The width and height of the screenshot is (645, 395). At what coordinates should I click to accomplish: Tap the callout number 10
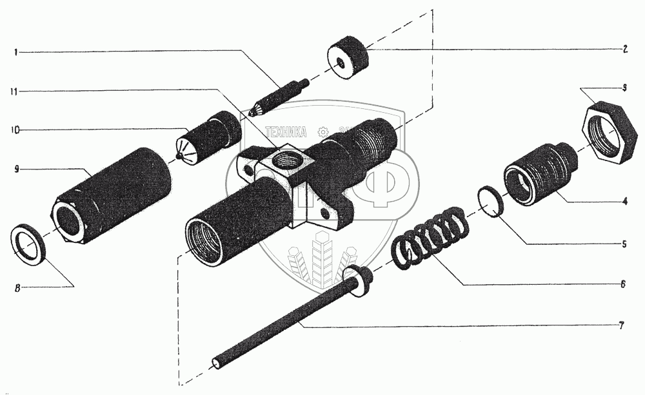tap(14, 130)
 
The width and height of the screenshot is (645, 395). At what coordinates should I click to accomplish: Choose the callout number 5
tap(624, 244)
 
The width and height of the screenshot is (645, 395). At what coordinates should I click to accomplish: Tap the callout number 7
tap(620, 325)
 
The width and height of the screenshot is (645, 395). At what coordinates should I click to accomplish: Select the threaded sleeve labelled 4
tap(541, 172)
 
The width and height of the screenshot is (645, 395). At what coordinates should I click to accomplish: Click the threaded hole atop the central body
tap(283, 157)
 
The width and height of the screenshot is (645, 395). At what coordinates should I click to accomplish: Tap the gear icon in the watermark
tap(323, 132)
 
